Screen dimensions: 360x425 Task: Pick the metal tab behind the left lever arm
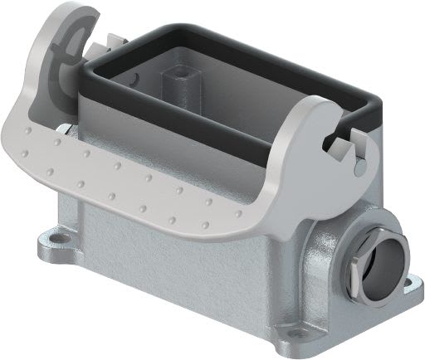click(111, 39)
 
